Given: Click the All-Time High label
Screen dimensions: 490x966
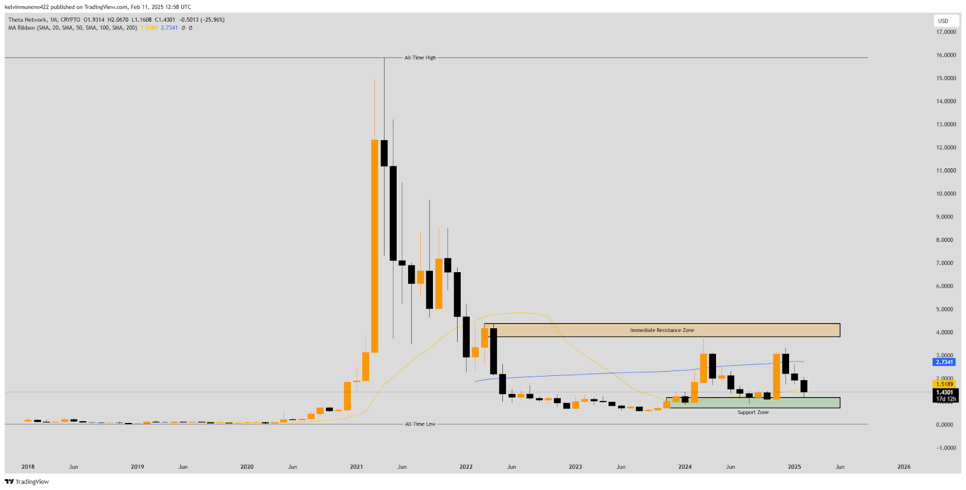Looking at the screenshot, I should [x=420, y=58].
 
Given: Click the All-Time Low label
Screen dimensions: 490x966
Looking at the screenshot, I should [x=420, y=424].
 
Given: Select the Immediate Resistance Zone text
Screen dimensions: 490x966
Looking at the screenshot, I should [x=662, y=330].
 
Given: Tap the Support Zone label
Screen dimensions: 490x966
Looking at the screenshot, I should [x=753, y=412].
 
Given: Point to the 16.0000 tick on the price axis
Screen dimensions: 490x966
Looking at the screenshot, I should [x=945, y=55].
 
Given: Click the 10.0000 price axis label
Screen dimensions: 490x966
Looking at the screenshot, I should [x=945, y=194].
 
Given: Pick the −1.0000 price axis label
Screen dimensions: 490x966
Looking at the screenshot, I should [x=945, y=448].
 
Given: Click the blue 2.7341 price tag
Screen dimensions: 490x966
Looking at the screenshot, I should [x=944, y=362].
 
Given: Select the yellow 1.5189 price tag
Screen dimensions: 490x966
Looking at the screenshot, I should [x=944, y=384].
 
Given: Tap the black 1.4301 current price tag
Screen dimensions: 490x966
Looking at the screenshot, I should [x=945, y=392].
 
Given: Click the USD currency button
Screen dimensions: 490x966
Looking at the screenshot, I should [x=943, y=21].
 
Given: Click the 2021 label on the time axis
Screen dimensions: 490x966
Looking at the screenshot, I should [x=356, y=466].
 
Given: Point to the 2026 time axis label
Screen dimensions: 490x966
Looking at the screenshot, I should [x=904, y=466].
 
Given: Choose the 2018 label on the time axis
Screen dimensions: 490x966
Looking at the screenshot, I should [x=28, y=466].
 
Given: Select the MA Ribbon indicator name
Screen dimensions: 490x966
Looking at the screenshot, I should [x=21, y=28].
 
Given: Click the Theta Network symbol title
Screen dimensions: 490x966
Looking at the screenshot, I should [x=27, y=20].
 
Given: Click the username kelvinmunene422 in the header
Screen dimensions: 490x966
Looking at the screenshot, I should [x=27, y=7].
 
